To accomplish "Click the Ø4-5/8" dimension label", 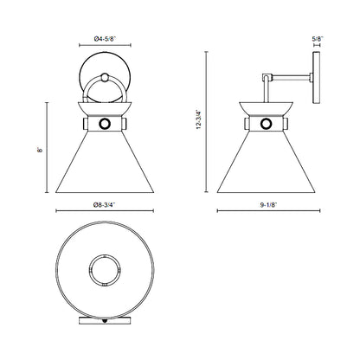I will (104, 38).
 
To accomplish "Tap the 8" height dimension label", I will (39, 150).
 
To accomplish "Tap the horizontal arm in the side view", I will (290, 78).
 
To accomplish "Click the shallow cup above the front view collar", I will (104, 110).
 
